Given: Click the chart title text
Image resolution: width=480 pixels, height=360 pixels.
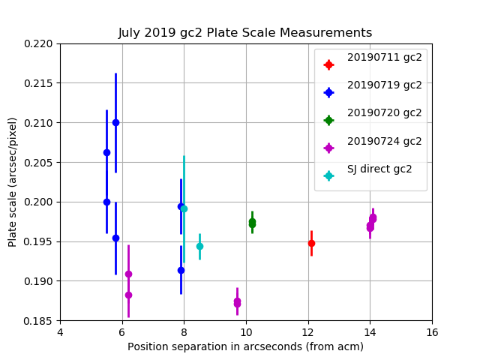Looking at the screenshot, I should pos(245,33).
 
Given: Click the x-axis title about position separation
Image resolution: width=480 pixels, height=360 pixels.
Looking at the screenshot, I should pos(245,346).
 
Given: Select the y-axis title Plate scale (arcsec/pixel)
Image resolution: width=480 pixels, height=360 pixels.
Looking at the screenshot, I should pos(13,181).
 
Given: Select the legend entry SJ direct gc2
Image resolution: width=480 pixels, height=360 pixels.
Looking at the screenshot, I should pos(379,169).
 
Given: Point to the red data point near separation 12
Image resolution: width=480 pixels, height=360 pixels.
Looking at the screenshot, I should pos(311,243).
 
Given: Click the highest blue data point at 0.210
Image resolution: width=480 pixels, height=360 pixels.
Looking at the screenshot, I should pos(115,122).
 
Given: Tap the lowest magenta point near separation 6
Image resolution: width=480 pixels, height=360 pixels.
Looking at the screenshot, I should pos(128,295).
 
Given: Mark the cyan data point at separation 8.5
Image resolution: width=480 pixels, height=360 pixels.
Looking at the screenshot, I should pos(199,246).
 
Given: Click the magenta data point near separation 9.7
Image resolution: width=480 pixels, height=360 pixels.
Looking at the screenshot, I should pos(237,302).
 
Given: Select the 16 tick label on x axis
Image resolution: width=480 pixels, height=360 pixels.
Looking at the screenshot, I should pos(431,332).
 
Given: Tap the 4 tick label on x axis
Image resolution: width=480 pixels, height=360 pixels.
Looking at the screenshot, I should pos(60,332).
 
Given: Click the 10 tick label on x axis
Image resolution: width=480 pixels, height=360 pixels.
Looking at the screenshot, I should pos(246,332).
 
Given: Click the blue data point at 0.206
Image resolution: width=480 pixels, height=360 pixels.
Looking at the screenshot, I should pos(106,152).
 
